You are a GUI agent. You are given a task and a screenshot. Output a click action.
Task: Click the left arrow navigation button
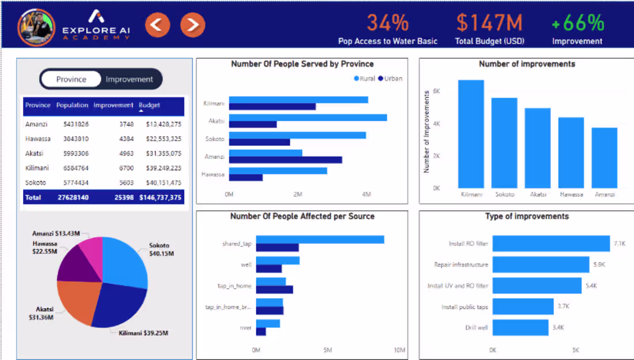click(157, 24)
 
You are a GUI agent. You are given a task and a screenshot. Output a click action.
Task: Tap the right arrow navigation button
click(193, 24)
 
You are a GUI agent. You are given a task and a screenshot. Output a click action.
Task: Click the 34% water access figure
click(387, 23)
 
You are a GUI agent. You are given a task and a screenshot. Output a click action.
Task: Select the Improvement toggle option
click(129, 79)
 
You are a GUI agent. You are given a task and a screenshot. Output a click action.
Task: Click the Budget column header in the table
click(149, 105)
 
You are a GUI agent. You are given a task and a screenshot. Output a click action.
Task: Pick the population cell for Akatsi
click(73, 154)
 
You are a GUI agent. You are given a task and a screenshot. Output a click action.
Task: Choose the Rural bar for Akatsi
click(308, 118)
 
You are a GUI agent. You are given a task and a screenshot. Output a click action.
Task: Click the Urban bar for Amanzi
click(285, 160)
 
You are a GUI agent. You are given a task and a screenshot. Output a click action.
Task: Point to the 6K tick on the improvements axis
click(436, 91)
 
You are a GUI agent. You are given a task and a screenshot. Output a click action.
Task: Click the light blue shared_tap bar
click(320, 240)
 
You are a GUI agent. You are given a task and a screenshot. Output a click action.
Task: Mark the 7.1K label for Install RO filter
click(620, 244)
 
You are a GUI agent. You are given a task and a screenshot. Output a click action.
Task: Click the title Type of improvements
click(527, 217)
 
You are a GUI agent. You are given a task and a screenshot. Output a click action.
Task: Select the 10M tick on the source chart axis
click(399, 350)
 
